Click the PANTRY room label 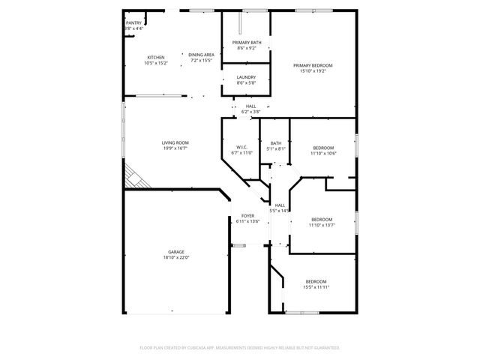[x=133, y=23]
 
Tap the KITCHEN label [x=156, y=58]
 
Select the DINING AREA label [x=201, y=55]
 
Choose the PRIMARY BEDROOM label [x=312, y=66]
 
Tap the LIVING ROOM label [x=175, y=142]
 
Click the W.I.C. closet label [x=241, y=147]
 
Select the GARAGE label [x=176, y=252]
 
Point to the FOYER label [x=247, y=216]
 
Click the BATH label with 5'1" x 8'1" [x=276, y=143]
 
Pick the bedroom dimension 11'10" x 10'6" [x=322, y=154]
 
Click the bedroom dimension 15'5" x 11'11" [x=316, y=287]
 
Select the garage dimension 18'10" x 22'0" [x=176, y=258]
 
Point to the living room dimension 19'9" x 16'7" [x=175, y=148]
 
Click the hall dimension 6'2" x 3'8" [x=250, y=112]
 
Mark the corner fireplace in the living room [x=135, y=178]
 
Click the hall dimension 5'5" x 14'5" [x=280, y=211]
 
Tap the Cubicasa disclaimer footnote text [x=240, y=348]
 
